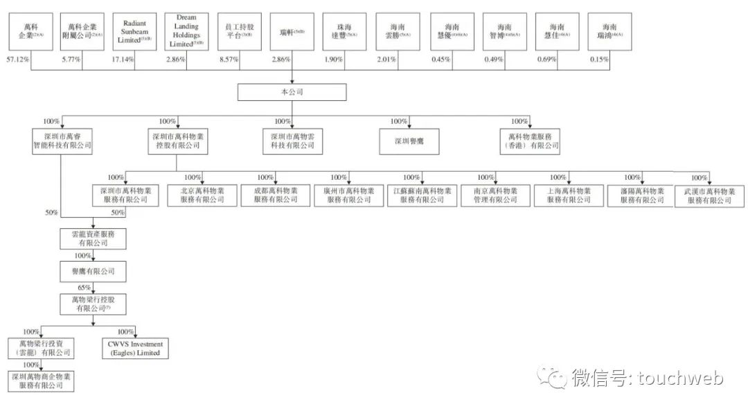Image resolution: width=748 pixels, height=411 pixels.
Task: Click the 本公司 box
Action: click(x=291, y=91)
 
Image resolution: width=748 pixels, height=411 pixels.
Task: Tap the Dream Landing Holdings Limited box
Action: click(x=187, y=31)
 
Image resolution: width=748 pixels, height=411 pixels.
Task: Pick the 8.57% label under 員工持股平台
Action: click(x=228, y=60)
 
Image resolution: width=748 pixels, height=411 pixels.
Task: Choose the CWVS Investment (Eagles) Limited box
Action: click(x=134, y=348)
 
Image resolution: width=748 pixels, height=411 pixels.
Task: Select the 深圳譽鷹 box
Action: click(x=410, y=141)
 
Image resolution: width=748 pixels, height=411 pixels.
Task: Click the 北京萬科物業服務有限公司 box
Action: click(x=202, y=195)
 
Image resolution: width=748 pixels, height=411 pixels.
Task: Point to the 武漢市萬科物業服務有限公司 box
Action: click(x=709, y=196)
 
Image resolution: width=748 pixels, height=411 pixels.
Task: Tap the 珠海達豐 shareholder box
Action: click(x=344, y=31)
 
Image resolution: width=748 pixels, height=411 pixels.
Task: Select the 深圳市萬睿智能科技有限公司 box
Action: click(x=62, y=141)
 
